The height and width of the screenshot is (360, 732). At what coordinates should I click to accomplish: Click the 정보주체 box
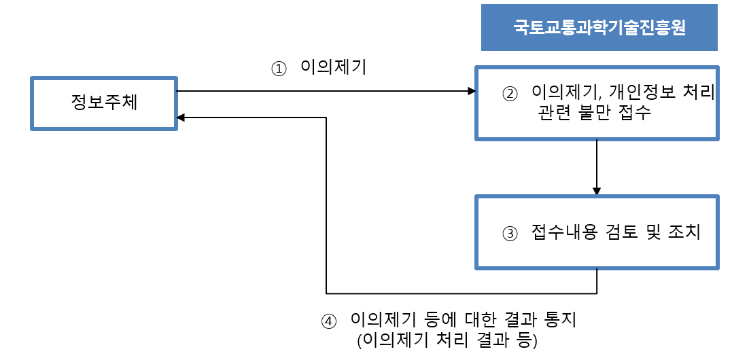point(104,103)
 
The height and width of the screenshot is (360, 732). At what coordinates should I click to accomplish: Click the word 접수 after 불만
point(635,113)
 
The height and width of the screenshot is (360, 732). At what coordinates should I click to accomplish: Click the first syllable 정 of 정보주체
point(79,103)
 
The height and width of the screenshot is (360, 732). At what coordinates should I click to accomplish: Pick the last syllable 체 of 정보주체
point(129,103)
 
